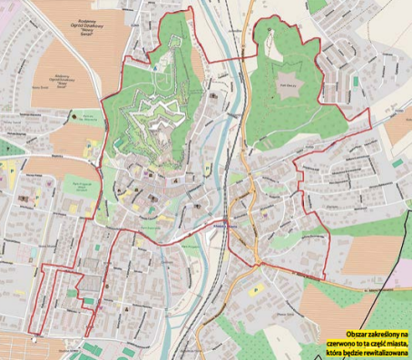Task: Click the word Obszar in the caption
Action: pos(345,323)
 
